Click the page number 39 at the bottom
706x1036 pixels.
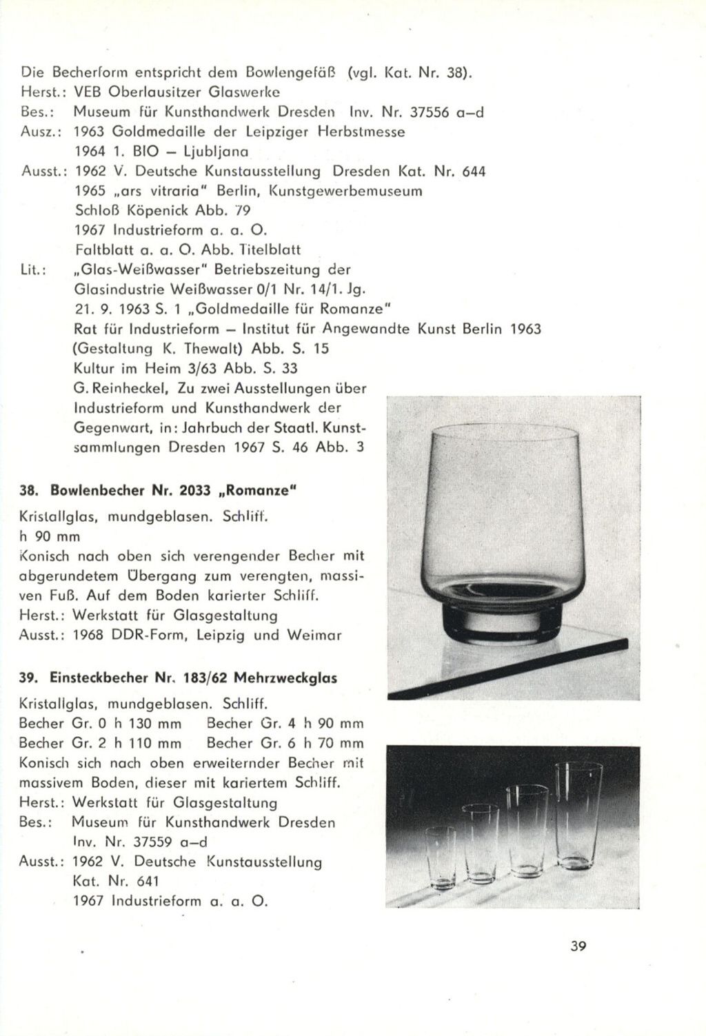578,946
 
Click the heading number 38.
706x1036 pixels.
29,491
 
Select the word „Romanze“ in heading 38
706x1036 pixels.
260,491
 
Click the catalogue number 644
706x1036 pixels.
474,171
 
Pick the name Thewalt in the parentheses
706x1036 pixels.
194,349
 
